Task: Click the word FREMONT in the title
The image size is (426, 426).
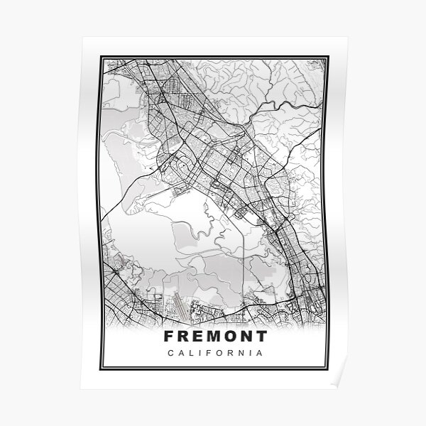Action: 215,336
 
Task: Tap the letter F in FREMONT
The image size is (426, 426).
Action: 168,336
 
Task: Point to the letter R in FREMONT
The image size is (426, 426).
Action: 183,336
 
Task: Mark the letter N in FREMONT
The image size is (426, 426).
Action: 248,336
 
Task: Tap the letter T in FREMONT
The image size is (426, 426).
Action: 263,336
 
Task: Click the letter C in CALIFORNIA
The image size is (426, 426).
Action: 169,353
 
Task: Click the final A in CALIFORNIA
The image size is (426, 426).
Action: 262,353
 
